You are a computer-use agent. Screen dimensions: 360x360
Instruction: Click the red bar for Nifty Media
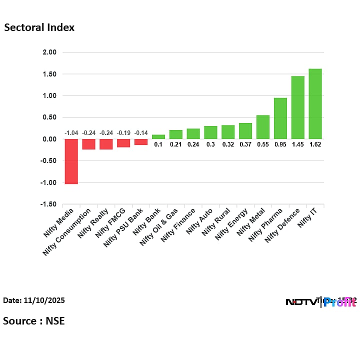coord(71,161)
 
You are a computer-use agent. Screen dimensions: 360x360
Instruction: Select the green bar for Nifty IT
coord(315,104)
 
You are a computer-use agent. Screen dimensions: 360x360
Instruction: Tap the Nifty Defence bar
coord(297,107)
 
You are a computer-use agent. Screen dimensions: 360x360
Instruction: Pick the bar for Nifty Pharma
coord(280,118)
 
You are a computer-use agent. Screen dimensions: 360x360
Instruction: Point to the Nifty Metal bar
coord(263,127)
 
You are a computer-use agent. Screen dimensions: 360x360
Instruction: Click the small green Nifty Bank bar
coord(158,137)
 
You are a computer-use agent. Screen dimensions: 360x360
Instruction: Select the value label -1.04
coord(71,133)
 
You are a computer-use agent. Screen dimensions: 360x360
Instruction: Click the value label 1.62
coord(315,144)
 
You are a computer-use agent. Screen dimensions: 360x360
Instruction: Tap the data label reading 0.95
coord(280,144)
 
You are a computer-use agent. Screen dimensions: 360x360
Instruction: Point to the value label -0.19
coord(123,133)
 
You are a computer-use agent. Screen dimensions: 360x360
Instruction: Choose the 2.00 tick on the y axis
coord(49,52)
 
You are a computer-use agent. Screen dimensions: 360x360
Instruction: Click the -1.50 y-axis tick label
coord(48,204)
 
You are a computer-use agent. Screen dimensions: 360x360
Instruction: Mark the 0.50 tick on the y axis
coord(49,117)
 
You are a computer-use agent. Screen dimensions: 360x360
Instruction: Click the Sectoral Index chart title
coord(39,27)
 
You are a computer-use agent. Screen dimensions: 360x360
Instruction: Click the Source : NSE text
coord(34,320)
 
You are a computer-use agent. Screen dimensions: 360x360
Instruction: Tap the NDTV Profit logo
coord(320,301)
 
